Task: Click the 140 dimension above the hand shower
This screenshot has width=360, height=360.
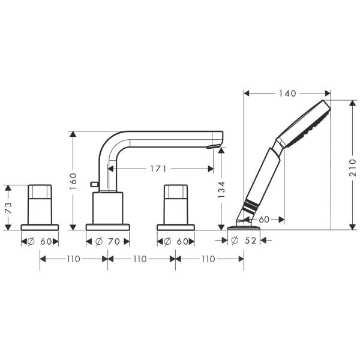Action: click(287, 94)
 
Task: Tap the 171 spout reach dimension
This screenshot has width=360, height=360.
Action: click(158, 169)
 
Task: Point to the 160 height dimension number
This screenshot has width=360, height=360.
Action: click(73, 180)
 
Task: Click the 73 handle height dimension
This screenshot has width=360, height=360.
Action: click(8, 208)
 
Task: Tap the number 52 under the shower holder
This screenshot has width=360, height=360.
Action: click(250, 241)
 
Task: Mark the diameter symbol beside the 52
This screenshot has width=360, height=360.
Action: click(235, 241)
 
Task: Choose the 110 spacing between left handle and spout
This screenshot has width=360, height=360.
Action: click(73, 259)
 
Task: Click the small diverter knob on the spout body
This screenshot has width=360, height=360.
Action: click(94, 183)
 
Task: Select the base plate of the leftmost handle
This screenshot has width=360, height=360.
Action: click(40, 227)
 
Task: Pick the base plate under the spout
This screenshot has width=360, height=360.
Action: click(108, 227)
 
